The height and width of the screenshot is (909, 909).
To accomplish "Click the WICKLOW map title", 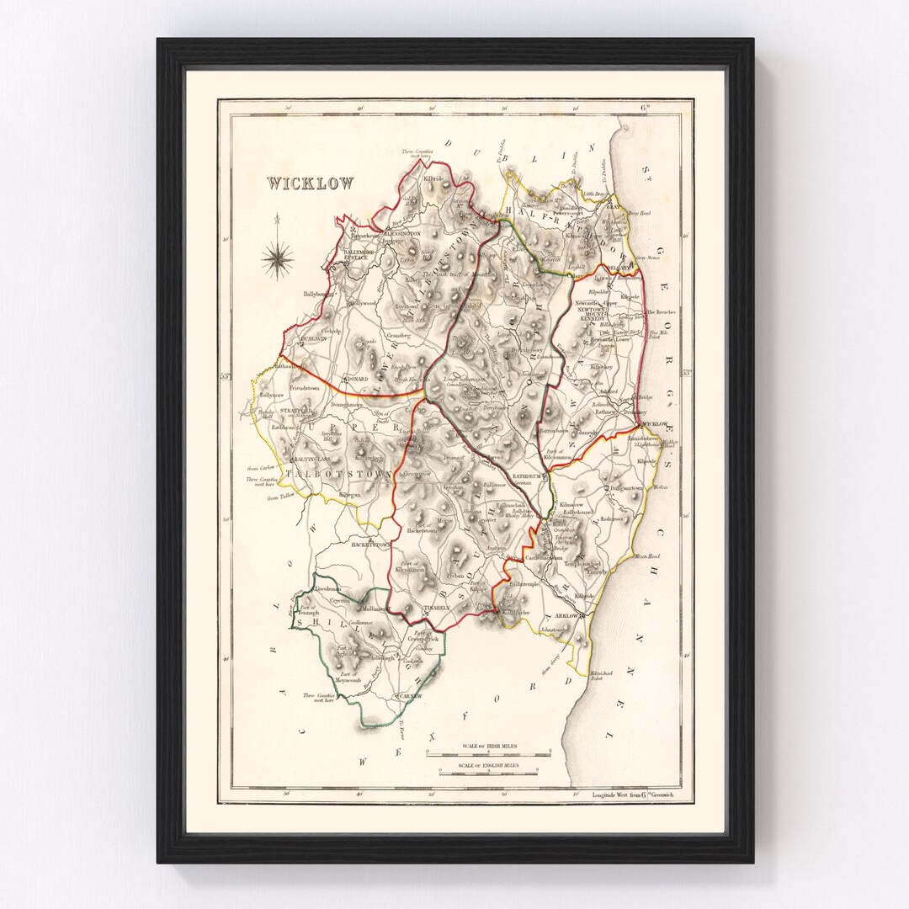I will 311,183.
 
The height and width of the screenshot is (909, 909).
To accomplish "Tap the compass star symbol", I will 278,258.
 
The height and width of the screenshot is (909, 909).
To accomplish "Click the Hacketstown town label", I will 372,545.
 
